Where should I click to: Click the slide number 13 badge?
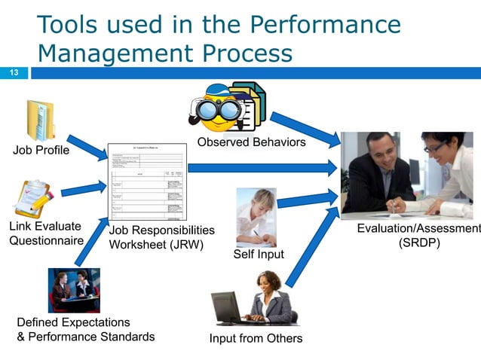(14, 73)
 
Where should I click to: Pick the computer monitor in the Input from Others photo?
(225, 307)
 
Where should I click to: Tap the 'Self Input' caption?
(259, 255)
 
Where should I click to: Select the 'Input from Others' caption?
(256, 338)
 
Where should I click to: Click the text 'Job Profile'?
(41, 151)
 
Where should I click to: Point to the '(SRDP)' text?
(419, 244)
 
